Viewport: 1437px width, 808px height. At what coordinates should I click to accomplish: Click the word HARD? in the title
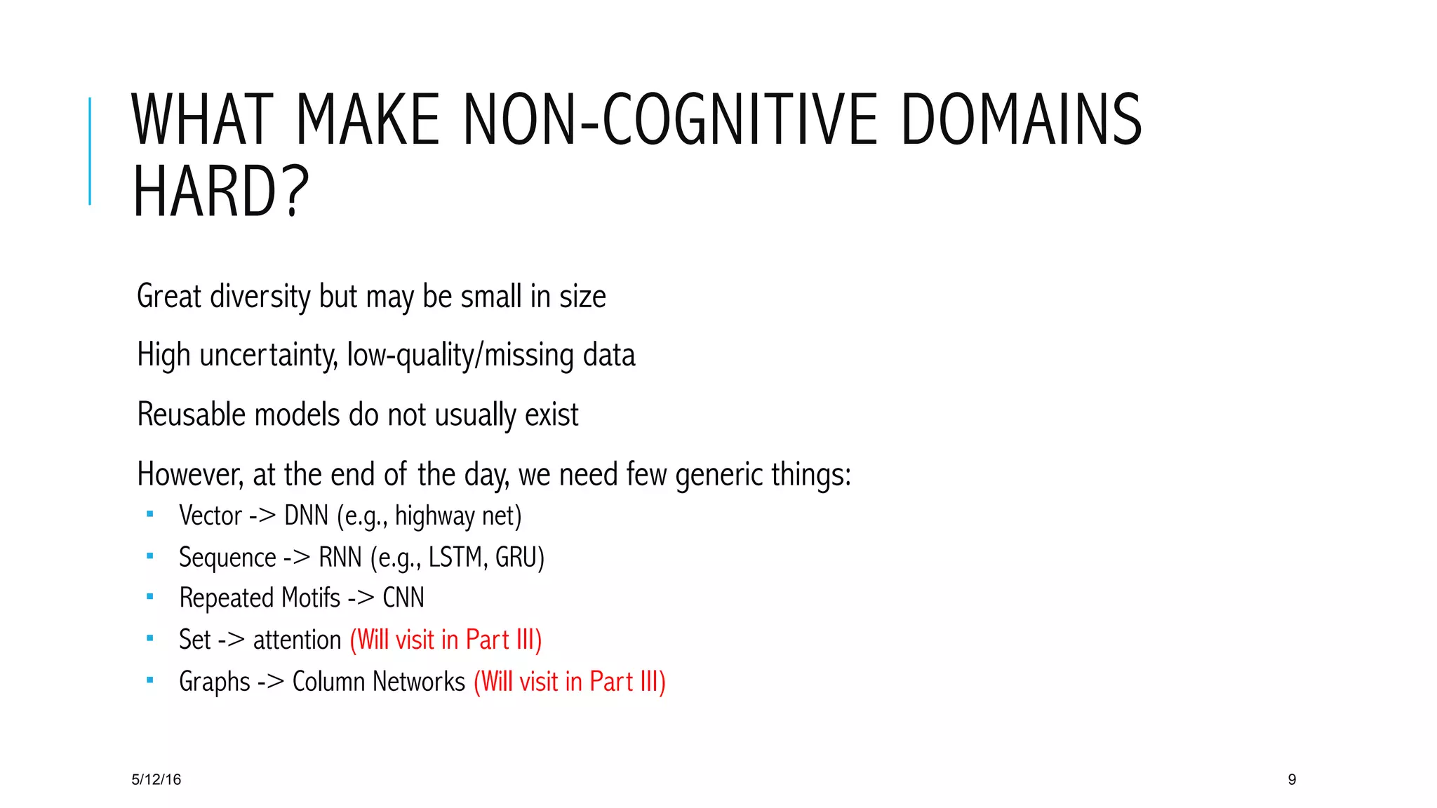pyautogui.click(x=220, y=191)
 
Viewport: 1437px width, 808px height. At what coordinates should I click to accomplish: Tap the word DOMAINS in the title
pyautogui.click(x=1021, y=120)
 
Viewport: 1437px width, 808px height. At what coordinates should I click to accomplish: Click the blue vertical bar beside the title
pyautogui.click(x=90, y=151)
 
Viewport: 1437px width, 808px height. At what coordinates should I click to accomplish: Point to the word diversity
pyautogui.click(x=260, y=297)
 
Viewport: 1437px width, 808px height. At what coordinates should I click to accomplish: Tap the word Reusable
pyautogui.click(x=191, y=415)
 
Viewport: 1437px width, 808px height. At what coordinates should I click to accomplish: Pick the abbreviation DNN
pyautogui.click(x=306, y=516)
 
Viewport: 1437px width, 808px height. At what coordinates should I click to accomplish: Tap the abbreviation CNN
pyautogui.click(x=403, y=598)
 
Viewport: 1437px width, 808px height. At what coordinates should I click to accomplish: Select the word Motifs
pyautogui.click(x=310, y=598)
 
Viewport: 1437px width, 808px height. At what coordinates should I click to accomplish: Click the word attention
pyautogui.click(x=297, y=640)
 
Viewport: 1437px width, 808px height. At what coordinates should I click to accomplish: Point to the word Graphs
pyautogui.click(x=215, y=682)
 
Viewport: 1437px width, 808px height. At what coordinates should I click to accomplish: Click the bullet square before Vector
pyautogui.click(x=149, y=514)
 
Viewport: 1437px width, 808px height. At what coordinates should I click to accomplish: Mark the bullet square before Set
pyautogui.click(x=149, y=638)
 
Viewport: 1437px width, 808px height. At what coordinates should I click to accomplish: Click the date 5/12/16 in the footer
pyautogui.click(x=156, y=779)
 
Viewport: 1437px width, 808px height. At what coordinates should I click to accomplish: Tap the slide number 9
pyautogui.click(x=1292, y=779)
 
